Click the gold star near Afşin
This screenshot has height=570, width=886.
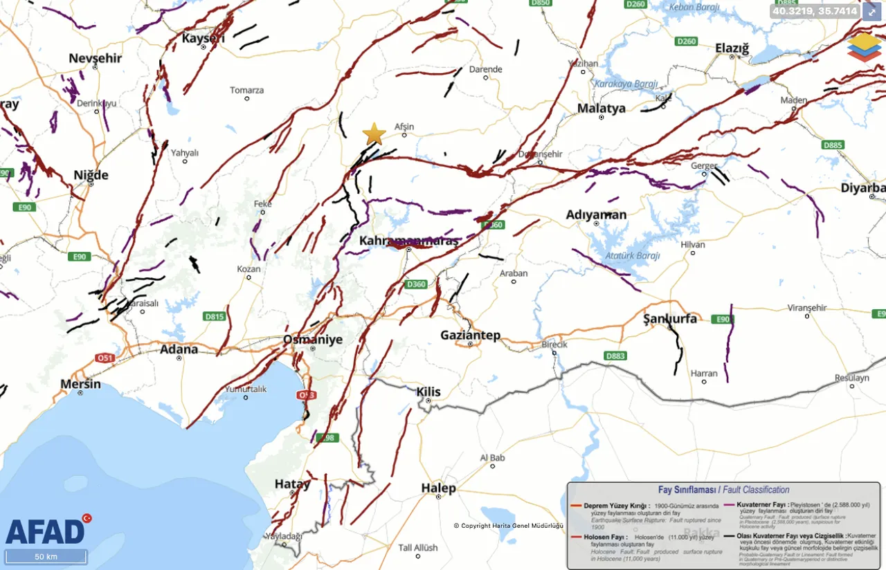point(374,134)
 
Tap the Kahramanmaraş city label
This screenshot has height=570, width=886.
point(408,241)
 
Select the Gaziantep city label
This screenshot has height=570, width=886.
point(470,335)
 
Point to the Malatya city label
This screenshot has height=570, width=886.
point(601,108)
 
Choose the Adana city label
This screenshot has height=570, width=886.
point(179,349)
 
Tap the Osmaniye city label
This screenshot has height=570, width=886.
point(313,339)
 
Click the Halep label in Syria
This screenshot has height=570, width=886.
point(438,488)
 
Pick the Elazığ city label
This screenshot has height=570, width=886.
point(732,48)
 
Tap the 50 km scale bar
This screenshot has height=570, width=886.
point(46,557)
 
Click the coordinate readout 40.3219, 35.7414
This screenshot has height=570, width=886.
point(814,11)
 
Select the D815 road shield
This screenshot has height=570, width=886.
point(215,316)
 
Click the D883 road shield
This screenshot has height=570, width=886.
point(615,356)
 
